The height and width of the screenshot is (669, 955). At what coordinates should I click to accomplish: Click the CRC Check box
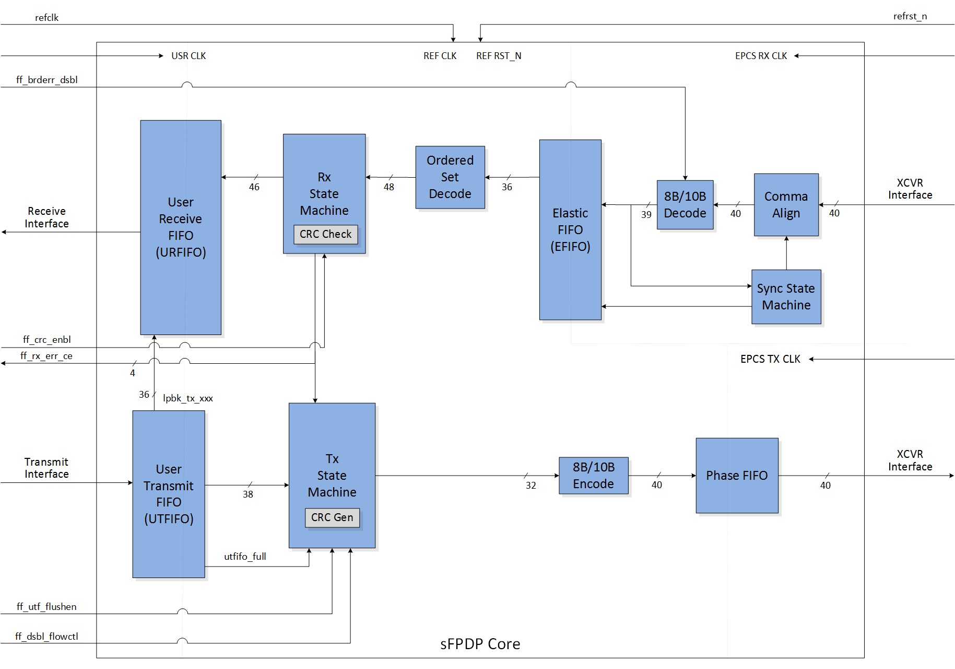325,234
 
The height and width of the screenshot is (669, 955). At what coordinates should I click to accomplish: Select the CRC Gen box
332,517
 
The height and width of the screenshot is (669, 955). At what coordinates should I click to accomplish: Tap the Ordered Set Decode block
450,177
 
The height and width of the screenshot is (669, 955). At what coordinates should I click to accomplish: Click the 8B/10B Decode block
685,205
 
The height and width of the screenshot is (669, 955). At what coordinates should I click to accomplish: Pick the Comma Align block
786,205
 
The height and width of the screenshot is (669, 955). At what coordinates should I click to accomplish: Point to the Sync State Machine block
786,297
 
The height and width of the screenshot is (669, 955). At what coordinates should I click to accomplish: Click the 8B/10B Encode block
593,476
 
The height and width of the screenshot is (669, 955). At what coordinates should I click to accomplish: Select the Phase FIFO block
737,476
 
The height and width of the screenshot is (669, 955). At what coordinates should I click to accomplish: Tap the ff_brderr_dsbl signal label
46,80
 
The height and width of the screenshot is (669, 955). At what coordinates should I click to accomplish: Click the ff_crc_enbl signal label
46,340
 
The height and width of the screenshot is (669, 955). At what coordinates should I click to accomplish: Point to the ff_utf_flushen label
46,607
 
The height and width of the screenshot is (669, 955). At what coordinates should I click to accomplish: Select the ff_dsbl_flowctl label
46,637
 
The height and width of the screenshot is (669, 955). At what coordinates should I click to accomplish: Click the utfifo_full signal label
245,557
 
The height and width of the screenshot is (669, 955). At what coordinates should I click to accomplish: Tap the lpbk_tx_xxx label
188,398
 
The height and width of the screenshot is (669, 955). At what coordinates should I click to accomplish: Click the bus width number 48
389,187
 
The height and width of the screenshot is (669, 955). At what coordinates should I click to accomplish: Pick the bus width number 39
646,215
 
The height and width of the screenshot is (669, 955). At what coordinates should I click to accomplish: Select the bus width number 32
530,486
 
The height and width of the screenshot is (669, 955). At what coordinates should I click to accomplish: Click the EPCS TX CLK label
770,359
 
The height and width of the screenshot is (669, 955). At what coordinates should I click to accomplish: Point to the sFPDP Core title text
480,644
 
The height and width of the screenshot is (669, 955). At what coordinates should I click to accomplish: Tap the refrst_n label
910,16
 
